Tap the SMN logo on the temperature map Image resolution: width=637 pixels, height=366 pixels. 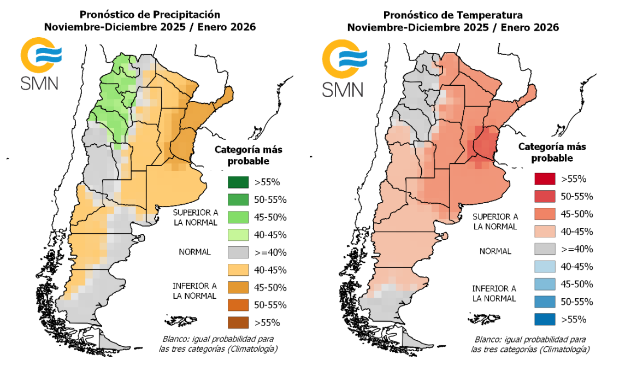(x=343, y=69)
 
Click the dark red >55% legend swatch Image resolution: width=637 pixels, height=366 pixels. (x=544, y=179)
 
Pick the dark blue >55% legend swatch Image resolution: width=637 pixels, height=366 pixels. (x=544, y=319)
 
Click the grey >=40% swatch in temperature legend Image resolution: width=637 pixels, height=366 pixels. (x=544, y=249)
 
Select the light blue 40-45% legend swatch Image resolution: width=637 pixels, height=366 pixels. (x=544, y=267)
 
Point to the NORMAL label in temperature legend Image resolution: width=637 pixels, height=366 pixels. (x=495, y=251)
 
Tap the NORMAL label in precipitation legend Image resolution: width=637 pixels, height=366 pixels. (x=195, y=252)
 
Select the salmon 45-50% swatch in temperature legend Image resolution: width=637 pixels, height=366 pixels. (x=544, y=214)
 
